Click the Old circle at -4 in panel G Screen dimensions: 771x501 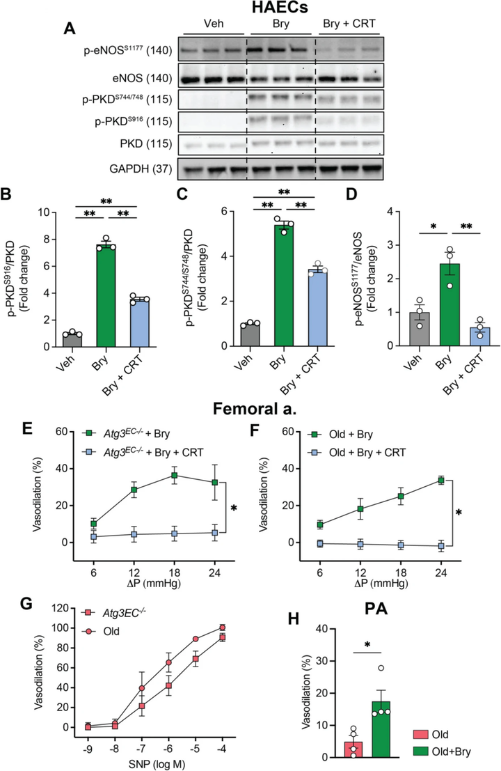click(223, 628)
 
